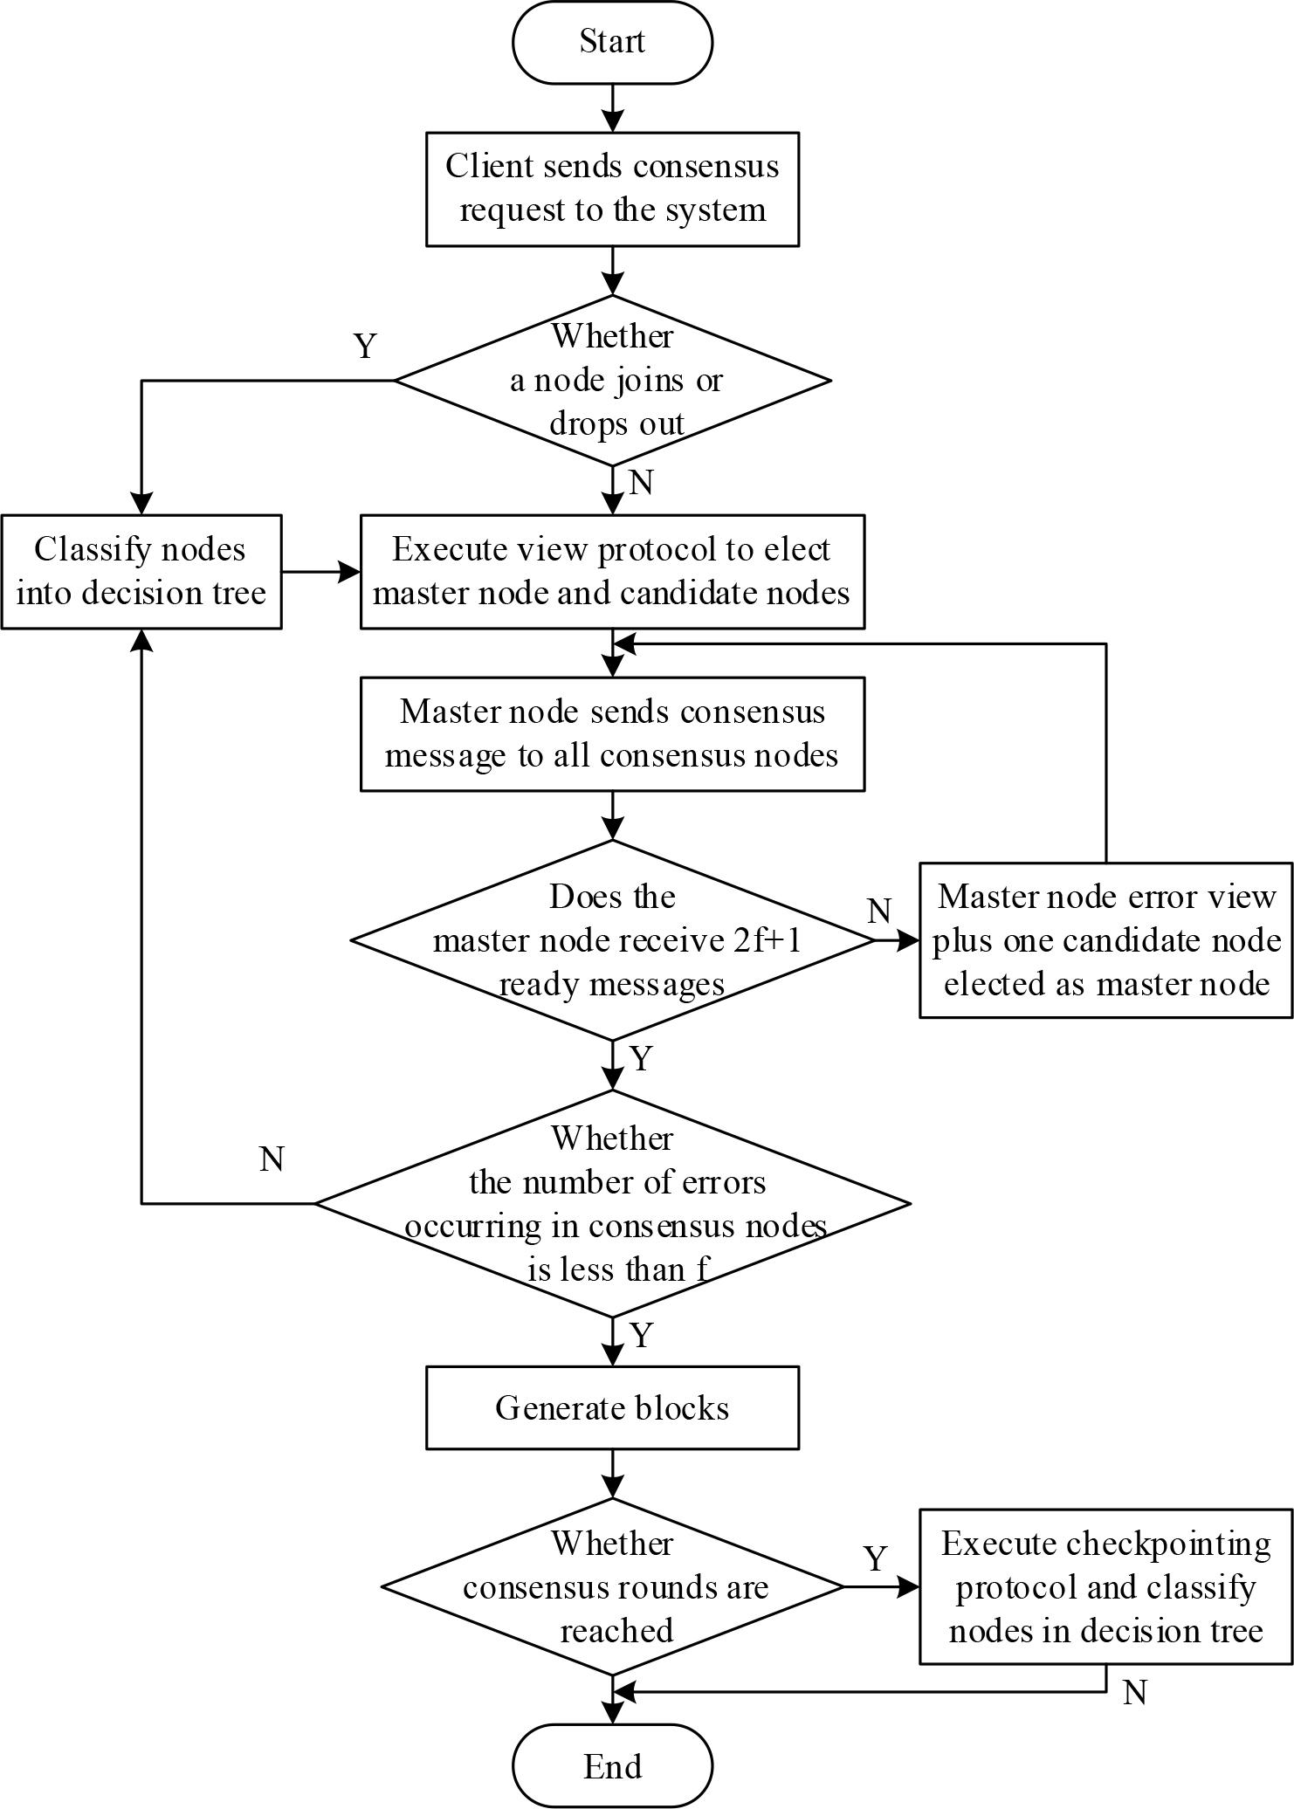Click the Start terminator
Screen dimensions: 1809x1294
[612, 42]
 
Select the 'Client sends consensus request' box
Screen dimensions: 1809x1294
[612, 189]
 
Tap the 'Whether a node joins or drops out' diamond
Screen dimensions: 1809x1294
[612, 380]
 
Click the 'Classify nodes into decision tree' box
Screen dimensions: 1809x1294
[141, 571]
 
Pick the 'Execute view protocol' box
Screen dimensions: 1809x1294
[612, 571]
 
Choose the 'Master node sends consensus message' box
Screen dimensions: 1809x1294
[612, 733]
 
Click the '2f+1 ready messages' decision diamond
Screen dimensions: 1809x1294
[612, 940]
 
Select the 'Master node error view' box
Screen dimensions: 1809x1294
[1105, 940]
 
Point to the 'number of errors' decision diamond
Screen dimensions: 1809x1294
[612, 1203]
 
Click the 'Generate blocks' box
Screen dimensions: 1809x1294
[612, 1407]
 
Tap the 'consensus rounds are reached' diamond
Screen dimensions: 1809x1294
[612, 1586]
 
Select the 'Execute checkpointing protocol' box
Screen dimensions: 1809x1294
[1105, 1586]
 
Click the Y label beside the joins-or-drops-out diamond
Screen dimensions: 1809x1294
[365, 347]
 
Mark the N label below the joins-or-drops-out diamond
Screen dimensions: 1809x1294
[641, 482]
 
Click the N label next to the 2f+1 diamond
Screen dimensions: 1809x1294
[879, 911]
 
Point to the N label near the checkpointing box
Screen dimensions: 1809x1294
[1134, 1693]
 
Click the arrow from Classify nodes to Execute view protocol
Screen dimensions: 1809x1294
[320, 572]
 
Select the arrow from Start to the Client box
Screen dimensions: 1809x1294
[613, 107]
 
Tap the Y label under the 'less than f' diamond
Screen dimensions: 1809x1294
[641, 1336]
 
